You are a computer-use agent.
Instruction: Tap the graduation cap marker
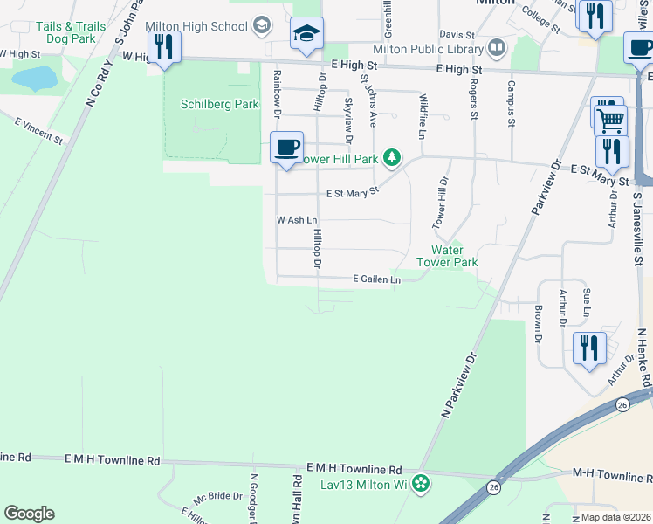[x=306, y=34]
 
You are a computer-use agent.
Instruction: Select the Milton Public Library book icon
[x=497, y=46]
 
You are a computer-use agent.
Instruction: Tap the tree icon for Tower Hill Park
[x=394, y=158]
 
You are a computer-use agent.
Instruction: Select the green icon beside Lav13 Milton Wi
[x=421, y=483]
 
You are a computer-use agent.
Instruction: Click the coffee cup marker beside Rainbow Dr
[x=286, y=147]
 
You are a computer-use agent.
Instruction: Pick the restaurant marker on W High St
[x=164, y=46]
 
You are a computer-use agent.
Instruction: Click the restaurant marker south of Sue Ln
[x=589, y=348]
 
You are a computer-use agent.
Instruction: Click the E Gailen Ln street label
[x=376, y=279]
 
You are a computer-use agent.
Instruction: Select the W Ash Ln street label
[x=294, y=220]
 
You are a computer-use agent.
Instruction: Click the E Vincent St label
[x=38, y=133]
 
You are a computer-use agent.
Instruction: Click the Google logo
[x=30, y=513]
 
